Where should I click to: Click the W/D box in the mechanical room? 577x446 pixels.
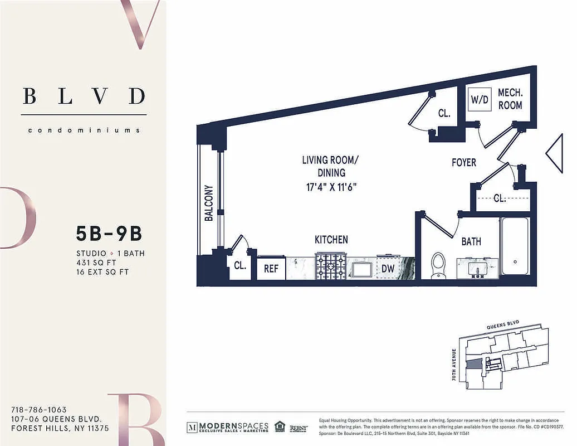coord(480,100)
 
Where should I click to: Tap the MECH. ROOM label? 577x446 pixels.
coord(510,99)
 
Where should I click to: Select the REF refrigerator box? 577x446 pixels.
coord(271,268)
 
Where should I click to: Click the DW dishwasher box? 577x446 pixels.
coord(388,268)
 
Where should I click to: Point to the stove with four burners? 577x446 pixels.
coord(331,266)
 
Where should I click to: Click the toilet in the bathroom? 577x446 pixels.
coord(439,265)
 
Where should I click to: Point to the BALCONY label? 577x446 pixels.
coord(209,203)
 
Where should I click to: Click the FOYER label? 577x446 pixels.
coord(464,162)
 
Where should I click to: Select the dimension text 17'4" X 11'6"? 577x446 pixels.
coord(331,186)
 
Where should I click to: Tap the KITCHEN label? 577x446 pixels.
coord(331,240)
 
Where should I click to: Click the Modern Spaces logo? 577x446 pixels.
coord(227,427)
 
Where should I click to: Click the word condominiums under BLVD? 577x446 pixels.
coord(84,130)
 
